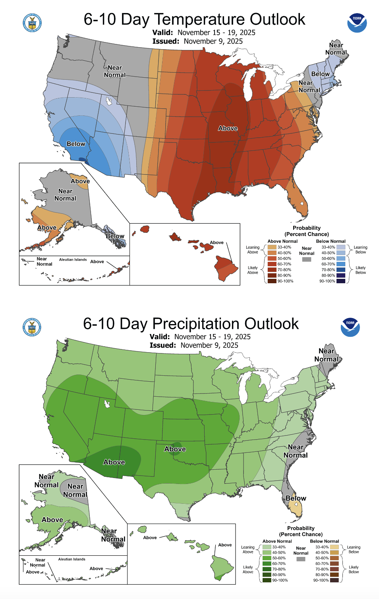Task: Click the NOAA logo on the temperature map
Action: point(357,23)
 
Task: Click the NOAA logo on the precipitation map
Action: point(350,327)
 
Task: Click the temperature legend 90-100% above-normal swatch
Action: point(272,281)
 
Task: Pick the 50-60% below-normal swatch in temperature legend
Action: point(340,258)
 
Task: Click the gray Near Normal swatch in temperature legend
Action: point(306,259)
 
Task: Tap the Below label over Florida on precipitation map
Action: point(296,498)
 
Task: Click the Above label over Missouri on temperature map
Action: point(228,128)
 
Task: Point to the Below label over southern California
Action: point(76,144)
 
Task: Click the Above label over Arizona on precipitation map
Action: point(114,462)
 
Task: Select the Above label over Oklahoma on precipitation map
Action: point(175,449)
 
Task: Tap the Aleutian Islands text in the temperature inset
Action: point(73,259)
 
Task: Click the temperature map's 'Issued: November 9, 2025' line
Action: point(197,41)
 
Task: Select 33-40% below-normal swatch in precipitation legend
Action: point(335,547)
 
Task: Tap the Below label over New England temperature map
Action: point(320,74)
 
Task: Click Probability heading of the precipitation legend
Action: point(301,528)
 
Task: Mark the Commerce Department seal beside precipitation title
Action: point(32,327)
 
